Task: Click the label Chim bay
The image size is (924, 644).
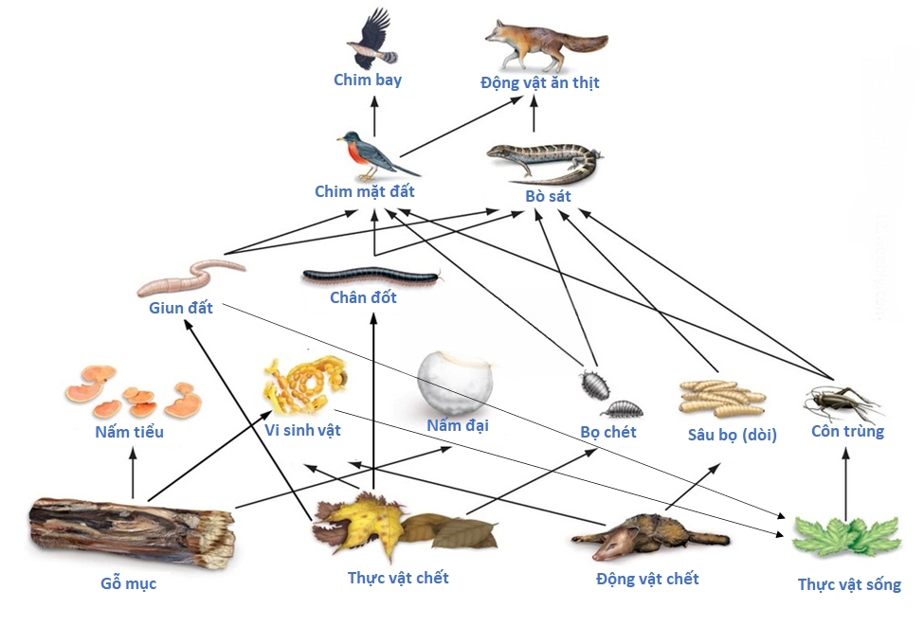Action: point(368,80)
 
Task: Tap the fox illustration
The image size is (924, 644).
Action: point(544,43)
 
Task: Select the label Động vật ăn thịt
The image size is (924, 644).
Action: point(539,83)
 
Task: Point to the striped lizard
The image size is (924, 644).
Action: point(543,162)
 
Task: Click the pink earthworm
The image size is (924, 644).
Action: point(190,276)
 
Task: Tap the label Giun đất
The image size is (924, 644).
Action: point(181,308)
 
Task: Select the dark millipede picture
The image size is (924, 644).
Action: point(371,277)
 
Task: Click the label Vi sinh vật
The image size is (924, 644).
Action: point(302,430)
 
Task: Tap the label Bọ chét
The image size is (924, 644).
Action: point(608,432)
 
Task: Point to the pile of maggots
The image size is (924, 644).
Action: point(721,398)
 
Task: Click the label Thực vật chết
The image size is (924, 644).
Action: point(398,578)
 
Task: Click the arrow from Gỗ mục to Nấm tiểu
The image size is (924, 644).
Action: point(133,474)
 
